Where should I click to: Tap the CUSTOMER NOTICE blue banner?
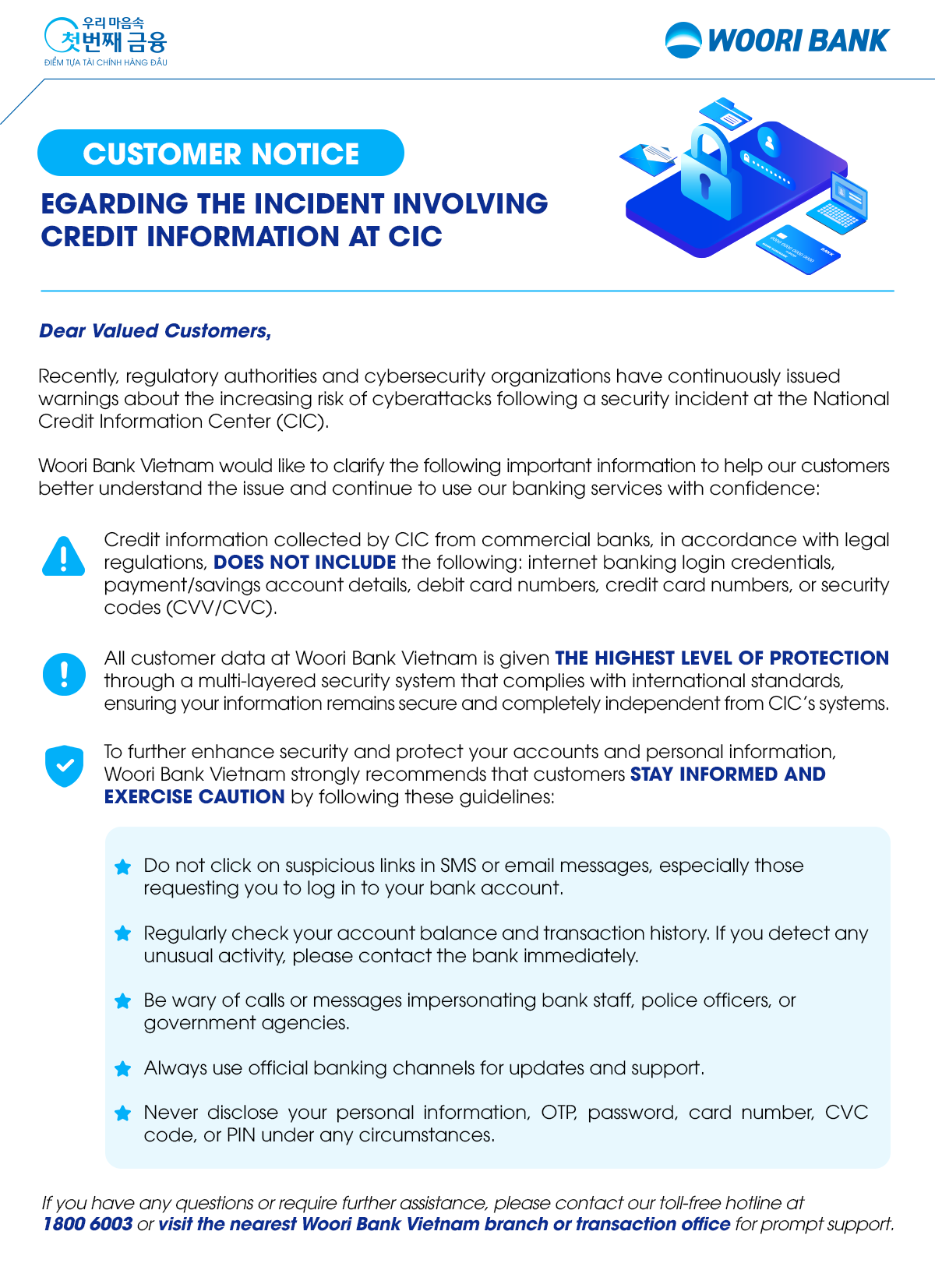[x=221, y=153]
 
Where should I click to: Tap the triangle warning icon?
[x=63, y=556]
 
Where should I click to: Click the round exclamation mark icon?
[x=64, y=674]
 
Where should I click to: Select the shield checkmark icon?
[x=64, y=765]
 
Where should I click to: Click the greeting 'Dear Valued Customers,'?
[x=155, y=331]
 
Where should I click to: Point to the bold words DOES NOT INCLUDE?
[x=305, y=563]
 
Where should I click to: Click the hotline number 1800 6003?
[x=87, y=1224]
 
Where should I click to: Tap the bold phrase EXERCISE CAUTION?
[x=194, y=797]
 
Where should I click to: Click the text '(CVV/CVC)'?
[x=221, y=608]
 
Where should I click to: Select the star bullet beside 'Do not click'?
[x=122, y=867]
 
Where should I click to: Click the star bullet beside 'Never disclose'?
[x=122, y=1113]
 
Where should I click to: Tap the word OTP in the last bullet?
[x=559, y=1113]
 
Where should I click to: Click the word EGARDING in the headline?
[x=114, y=203]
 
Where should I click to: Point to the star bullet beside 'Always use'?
[x=122, y=1069]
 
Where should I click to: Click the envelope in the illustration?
[x=648, y=158]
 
